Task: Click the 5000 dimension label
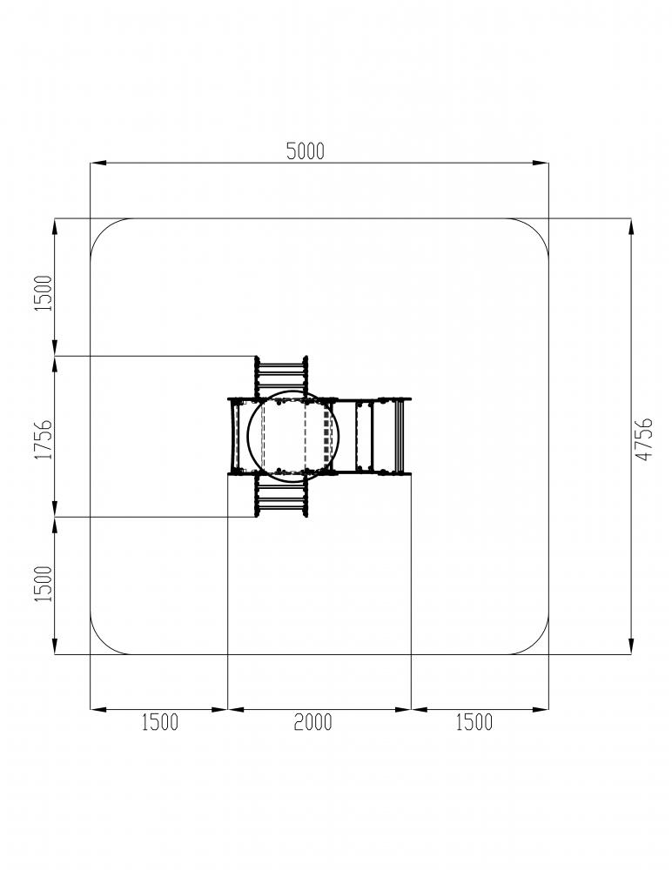[x=305, y=151]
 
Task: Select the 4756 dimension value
[x=644, y=438]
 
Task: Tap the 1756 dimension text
[x=44, y=438]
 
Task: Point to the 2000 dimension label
[x=312, y=722]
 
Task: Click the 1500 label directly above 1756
[x=44, y=293]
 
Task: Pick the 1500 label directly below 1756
[x=44, y=584]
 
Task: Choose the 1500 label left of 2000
[x=160, y=722]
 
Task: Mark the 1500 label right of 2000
[x=474, y=722]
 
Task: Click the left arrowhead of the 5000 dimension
[x=97, y=164]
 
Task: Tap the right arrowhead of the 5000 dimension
[x=541, y=164]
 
